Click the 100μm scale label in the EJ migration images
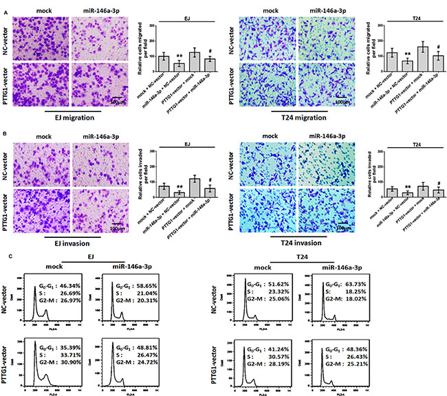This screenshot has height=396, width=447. coord(118,102)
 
